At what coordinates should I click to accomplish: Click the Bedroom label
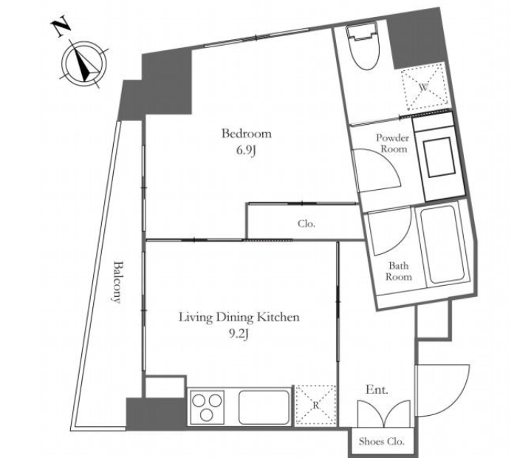[x=247, y=134]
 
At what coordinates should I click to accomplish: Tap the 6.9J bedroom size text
[x=246, y=151]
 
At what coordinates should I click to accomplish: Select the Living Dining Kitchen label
[x=239, y=317]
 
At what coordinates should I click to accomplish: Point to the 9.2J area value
[x=239, y=335]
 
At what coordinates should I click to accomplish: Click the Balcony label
[x=117, y=281]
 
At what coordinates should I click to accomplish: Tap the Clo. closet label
[x=307, y=224]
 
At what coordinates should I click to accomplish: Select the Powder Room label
[x=393, y=143]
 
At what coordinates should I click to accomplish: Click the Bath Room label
[x=399, y=271]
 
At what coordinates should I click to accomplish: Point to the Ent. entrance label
[x=377, y=390]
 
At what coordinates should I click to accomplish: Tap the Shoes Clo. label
[x=382, y=441]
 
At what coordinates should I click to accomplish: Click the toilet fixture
[x=362, y=46]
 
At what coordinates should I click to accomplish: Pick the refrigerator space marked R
[x=315, y=405]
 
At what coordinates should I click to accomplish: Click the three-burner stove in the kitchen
[x=207, y=407]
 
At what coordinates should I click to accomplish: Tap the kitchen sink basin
[x=264, y=408]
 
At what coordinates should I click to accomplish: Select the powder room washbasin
[x=438, y=158]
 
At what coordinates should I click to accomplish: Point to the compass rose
[x=84, y=64]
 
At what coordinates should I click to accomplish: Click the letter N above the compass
[x=61, y=27]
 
